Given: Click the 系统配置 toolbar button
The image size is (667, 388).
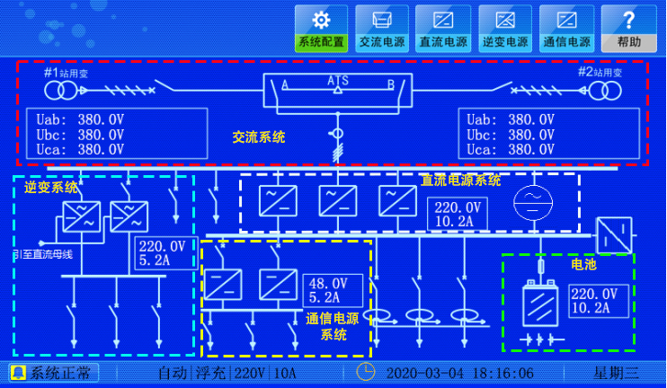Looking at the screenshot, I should pos(321,28).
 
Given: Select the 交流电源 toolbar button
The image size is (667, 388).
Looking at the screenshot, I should pos(381,28).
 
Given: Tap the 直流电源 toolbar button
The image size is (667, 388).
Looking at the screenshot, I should pos(443,28).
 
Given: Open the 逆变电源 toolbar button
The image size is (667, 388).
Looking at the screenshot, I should pos(505,28).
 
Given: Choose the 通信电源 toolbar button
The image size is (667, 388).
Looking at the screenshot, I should pos(566,28).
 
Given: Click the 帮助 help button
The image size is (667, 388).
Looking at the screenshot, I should pos(628,28).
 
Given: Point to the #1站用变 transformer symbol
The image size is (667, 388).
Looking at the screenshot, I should pos(55,91).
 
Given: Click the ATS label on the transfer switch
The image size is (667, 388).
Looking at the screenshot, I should pos(337,81).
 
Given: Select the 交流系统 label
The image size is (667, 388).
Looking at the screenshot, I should pos(259,137).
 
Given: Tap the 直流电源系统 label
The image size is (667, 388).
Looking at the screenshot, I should pos(461,181).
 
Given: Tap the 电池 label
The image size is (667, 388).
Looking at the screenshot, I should pos(583,264).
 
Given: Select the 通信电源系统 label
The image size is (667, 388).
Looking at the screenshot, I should pos(332,326).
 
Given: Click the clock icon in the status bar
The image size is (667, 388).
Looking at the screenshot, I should pos(366,372).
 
